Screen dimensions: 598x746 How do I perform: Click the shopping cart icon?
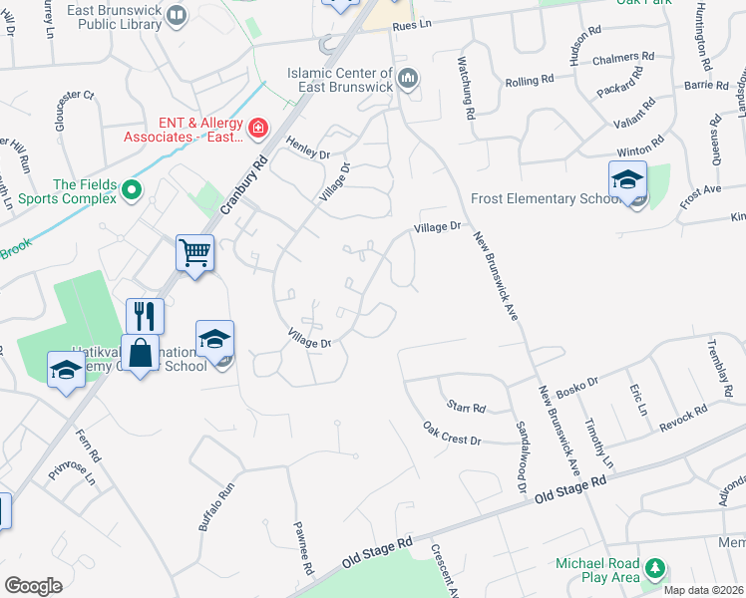(195, 251)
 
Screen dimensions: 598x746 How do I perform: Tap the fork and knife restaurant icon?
(145, 316)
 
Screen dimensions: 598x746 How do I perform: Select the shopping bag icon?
(141, 353)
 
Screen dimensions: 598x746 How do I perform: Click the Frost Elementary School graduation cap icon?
(627, 179)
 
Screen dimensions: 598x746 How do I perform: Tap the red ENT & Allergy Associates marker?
(257, 128)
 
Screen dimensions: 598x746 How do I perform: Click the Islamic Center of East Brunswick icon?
(407, 78)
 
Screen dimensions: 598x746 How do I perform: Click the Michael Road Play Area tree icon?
(654, 569)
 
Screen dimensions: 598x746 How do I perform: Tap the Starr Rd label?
(465, 408)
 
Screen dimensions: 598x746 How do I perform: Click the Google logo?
(33, 585)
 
